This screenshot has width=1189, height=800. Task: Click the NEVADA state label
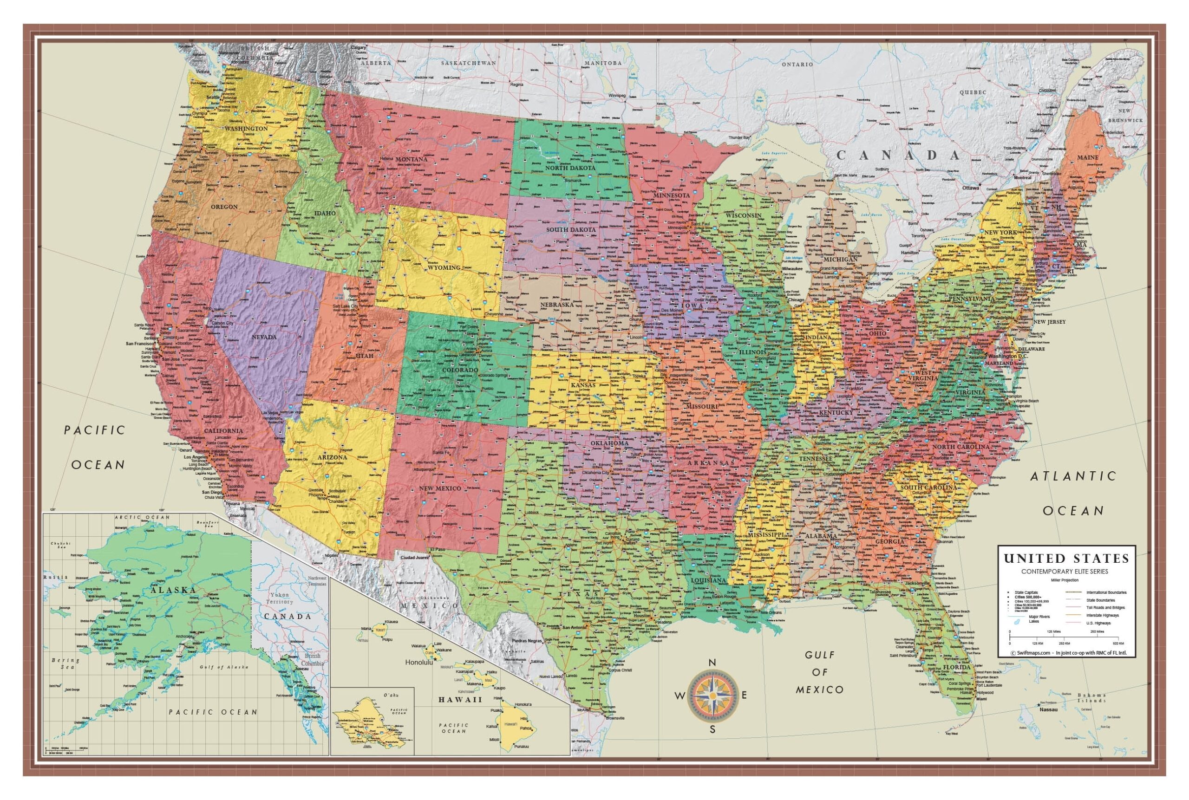264,337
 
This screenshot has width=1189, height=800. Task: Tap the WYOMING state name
444,267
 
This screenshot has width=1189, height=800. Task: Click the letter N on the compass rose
713,663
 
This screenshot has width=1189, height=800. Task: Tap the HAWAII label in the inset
460,700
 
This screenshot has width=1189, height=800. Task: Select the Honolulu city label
418,663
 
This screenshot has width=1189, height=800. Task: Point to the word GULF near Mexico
820,655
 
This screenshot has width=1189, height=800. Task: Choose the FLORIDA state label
956,667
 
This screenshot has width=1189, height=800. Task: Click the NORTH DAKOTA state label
570,168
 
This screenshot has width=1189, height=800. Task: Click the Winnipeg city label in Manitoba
616,95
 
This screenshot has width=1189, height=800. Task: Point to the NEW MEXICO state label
440,488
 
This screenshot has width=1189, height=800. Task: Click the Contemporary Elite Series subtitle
1066,572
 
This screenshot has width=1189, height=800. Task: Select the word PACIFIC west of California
94,430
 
